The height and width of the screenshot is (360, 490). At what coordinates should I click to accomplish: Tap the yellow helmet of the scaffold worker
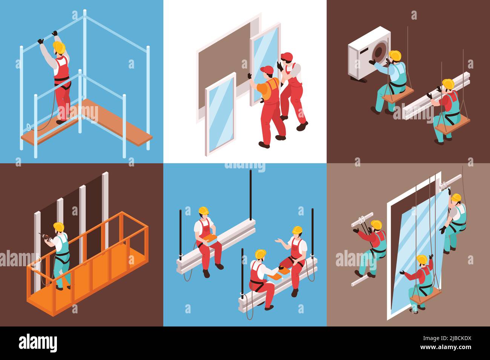pos(59,47)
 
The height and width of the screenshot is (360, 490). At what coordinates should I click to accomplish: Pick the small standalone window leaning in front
pos(220,113)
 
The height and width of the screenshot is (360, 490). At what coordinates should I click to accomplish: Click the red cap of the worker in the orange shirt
pos(267,70)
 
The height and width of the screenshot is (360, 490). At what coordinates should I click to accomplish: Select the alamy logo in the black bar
pos(38,343)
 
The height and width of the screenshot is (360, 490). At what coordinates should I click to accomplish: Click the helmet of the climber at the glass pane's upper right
pos(456,198)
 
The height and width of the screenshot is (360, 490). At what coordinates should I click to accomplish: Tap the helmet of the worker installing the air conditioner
pos(395,55)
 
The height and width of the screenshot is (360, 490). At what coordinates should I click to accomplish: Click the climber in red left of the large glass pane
pos(371,245)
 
